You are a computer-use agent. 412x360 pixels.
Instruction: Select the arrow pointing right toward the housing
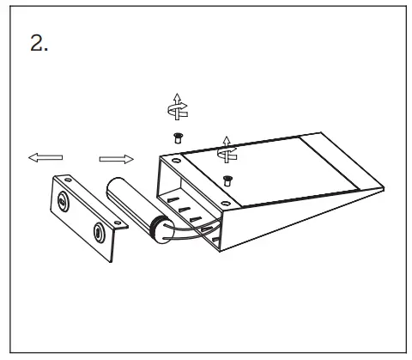click(x=117, y=158)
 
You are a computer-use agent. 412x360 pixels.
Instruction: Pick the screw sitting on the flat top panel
click(x=227, y=179)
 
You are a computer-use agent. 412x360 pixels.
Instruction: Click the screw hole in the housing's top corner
click(x=175, y=161)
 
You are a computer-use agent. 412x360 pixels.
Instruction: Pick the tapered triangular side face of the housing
click(x=283, y=215)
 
